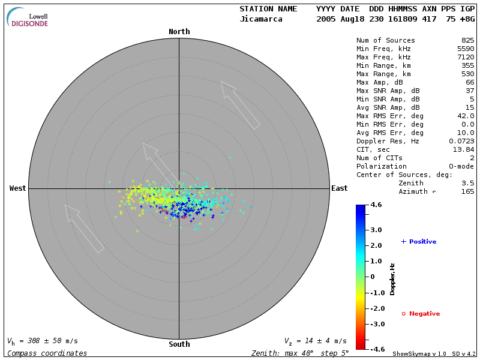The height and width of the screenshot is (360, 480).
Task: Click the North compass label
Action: point(179,32)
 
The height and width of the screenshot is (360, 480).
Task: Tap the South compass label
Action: point(179,344)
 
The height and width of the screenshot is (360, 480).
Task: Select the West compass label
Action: point(18,188)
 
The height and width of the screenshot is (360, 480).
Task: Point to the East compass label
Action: point(340,188)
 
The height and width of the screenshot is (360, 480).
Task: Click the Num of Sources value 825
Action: point(467,40)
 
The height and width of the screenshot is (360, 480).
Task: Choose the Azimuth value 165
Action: point(467,191)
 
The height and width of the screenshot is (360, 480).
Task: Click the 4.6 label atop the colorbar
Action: point(376,205)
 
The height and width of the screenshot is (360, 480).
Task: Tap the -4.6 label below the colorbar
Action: point(376,349)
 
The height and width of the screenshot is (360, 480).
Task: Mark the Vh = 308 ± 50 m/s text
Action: point(43,341)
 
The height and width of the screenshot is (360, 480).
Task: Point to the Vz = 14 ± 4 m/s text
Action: point(315,341)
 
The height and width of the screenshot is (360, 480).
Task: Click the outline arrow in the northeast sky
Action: point(240,105)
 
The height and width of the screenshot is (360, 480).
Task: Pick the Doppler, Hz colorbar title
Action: point(392,278)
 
